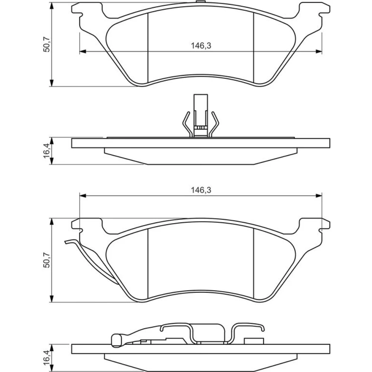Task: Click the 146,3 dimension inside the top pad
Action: point(201,45)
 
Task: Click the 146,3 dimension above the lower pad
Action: point(201,190)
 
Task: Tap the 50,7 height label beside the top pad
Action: point(46,44)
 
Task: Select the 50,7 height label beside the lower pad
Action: point(46,260)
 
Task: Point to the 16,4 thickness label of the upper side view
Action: point(46,151)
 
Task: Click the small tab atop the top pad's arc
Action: point(201,2)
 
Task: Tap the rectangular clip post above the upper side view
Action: point(201,116)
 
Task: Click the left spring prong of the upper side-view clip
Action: point(187,124)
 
